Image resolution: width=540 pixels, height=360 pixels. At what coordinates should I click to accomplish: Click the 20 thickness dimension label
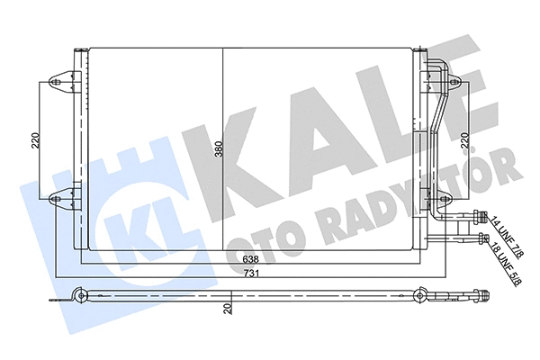point(229,309)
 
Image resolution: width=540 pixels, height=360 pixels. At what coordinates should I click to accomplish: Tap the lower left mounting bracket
point(63,199)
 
